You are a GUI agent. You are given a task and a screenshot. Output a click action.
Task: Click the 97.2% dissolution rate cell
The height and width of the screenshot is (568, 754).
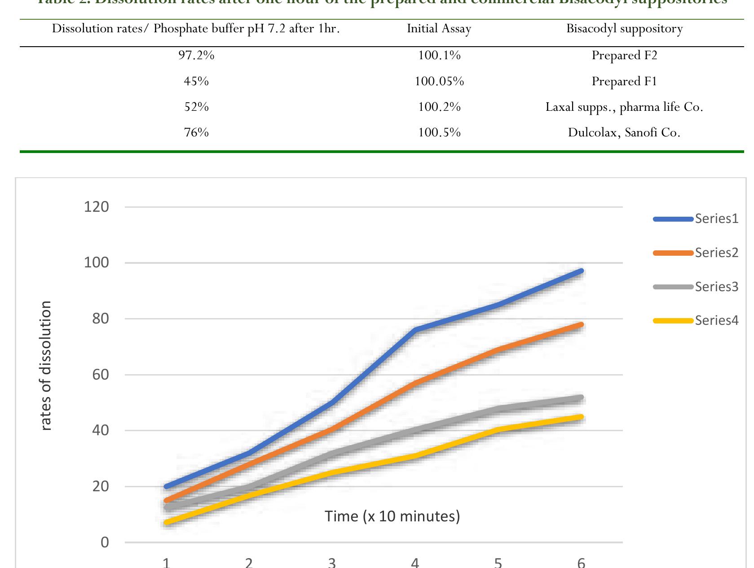196,55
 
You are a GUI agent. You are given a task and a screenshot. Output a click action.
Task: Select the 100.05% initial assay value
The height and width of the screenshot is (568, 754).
439,81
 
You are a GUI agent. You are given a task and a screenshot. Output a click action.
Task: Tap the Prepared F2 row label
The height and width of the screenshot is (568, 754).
624,55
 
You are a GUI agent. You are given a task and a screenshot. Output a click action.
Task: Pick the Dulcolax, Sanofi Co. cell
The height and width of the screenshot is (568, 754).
624,132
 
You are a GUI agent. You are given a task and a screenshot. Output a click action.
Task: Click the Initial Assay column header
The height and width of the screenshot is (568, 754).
439,29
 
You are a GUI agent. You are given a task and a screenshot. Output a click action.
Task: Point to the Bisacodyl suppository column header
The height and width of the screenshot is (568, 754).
624,29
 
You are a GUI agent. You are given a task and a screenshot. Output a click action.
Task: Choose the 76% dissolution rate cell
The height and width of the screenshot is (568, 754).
196,132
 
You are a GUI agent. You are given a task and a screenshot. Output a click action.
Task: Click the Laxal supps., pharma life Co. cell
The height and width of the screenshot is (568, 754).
624,107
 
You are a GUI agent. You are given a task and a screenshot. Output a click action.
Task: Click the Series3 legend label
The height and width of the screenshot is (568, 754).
716,287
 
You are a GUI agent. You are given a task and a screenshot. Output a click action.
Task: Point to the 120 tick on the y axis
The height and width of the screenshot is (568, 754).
97,207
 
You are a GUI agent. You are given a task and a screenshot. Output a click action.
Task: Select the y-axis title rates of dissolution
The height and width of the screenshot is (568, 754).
46,366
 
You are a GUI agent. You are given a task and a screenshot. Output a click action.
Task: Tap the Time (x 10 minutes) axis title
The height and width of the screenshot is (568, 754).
392,516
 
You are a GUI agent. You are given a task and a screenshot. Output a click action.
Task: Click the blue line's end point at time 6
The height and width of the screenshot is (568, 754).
581,271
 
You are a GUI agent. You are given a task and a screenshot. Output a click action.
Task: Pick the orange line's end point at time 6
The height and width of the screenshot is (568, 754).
581,324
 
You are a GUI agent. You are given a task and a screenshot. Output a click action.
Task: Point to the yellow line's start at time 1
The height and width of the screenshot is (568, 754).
167,522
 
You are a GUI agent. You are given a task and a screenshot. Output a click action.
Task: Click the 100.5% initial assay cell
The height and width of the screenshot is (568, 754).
439,132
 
